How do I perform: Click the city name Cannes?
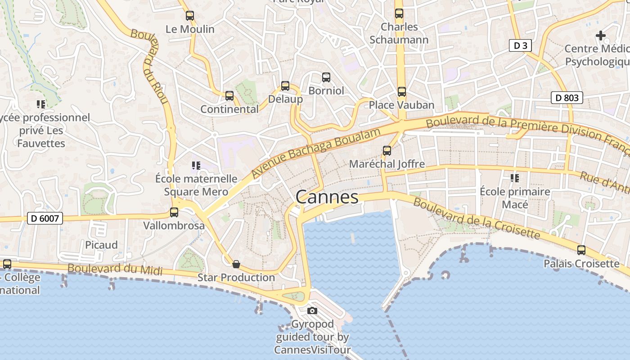coord(327,197)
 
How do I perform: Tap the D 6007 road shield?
coord(45,219)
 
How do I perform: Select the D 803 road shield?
coord(567,98)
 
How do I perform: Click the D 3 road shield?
coord(521,45)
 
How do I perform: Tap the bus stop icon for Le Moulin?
coord(190,16)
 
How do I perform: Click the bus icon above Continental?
coord(229,95)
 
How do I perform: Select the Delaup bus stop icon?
coord(285,85)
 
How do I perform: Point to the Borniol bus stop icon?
coord(326,77)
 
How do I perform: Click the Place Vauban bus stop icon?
coord(401,92)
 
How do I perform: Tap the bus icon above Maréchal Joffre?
coord(387,150)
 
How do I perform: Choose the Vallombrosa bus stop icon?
coord(174,212)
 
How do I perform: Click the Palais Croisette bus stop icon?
coord(581,250)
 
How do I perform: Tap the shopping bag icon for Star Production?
coord(236,264)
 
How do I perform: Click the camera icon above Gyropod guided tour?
coord(312,310)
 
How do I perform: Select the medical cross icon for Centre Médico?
coord(600,35)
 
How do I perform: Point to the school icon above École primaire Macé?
coord(515,178)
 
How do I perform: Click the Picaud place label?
coord(101,245)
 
